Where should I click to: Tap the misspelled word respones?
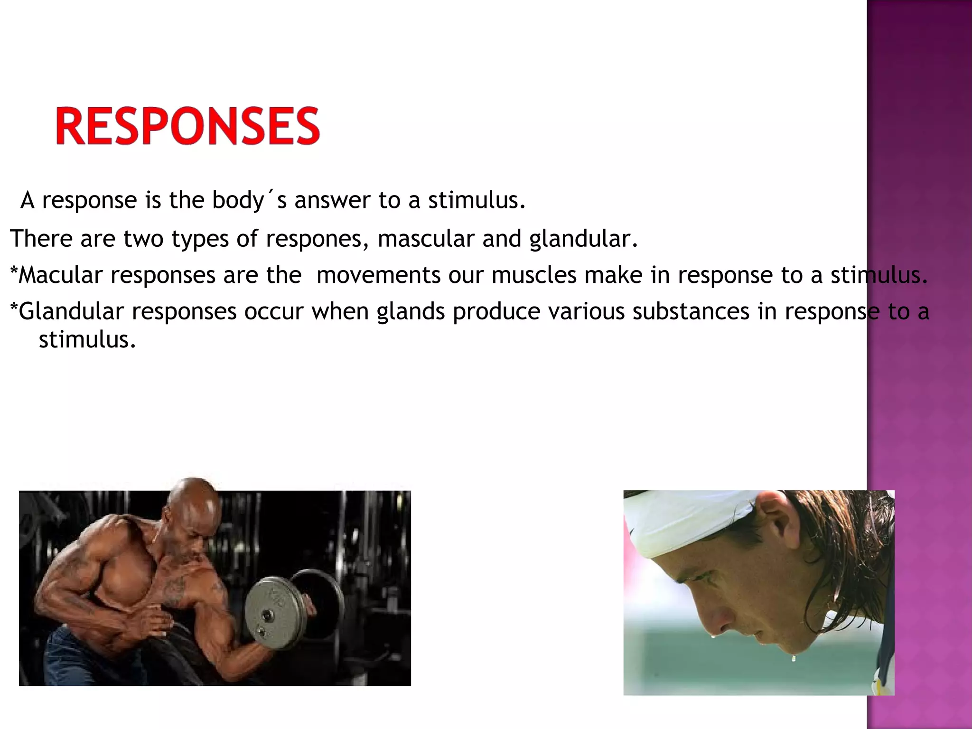[x=317, y=239]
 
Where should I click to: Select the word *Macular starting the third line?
[x=56, y=275]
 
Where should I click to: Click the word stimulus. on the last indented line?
[x=87, y=340]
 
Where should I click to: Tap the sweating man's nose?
[x=717, y=617]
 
